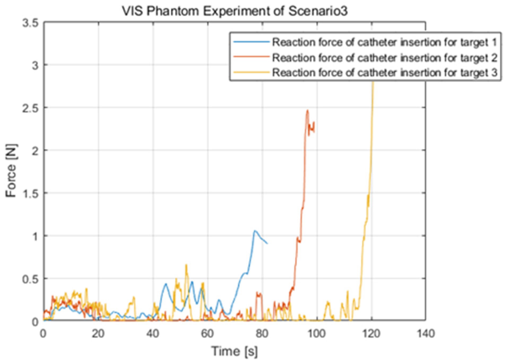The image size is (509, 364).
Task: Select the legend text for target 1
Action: click(x=384, y=42)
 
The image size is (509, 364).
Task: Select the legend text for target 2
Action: click(x=384, y=58)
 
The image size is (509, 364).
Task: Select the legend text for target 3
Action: click(x=384, y=72)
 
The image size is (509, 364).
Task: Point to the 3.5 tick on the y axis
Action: click(x=30, y=23)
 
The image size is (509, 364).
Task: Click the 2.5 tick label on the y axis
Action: click(x=30, y=108)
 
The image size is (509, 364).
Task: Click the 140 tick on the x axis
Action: click(x=426, y=333)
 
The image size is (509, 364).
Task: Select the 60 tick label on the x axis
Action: click(x=207, y=333)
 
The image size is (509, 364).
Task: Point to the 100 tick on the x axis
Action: click(x=317, y=333)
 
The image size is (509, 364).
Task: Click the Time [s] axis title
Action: click(x=234, y=351)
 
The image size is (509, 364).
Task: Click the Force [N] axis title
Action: click(x=11, y=171)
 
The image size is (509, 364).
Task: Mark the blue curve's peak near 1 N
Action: click(x=255, y=231)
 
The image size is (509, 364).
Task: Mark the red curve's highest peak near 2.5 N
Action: click(x=307, y=110)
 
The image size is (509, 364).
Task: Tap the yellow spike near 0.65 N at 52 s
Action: click(x=186, y=265)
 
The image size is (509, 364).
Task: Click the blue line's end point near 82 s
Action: click(x=267, y=243)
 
